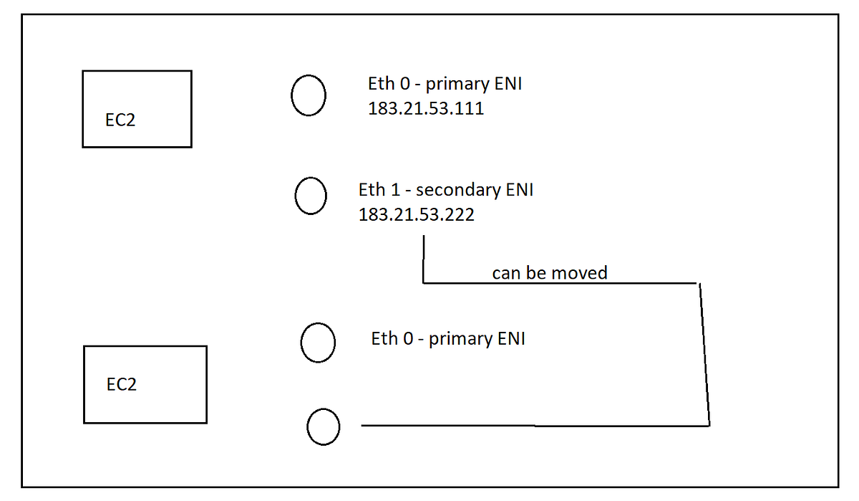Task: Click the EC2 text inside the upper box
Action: coord(120,120)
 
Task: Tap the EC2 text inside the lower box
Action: coord(121,384)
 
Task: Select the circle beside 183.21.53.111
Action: coord(309,95)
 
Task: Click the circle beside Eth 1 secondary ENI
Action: coord(311,196)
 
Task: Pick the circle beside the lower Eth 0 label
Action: coord(318,343)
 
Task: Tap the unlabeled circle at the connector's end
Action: coord(324,426)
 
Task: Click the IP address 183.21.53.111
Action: coord(426,109)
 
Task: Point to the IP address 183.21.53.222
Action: coord(416,214)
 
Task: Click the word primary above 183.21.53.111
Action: coord(457,85)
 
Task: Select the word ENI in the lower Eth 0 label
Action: coord(511,338)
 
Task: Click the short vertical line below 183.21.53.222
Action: coord(424,259)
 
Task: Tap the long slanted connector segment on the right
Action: coord(704,355)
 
